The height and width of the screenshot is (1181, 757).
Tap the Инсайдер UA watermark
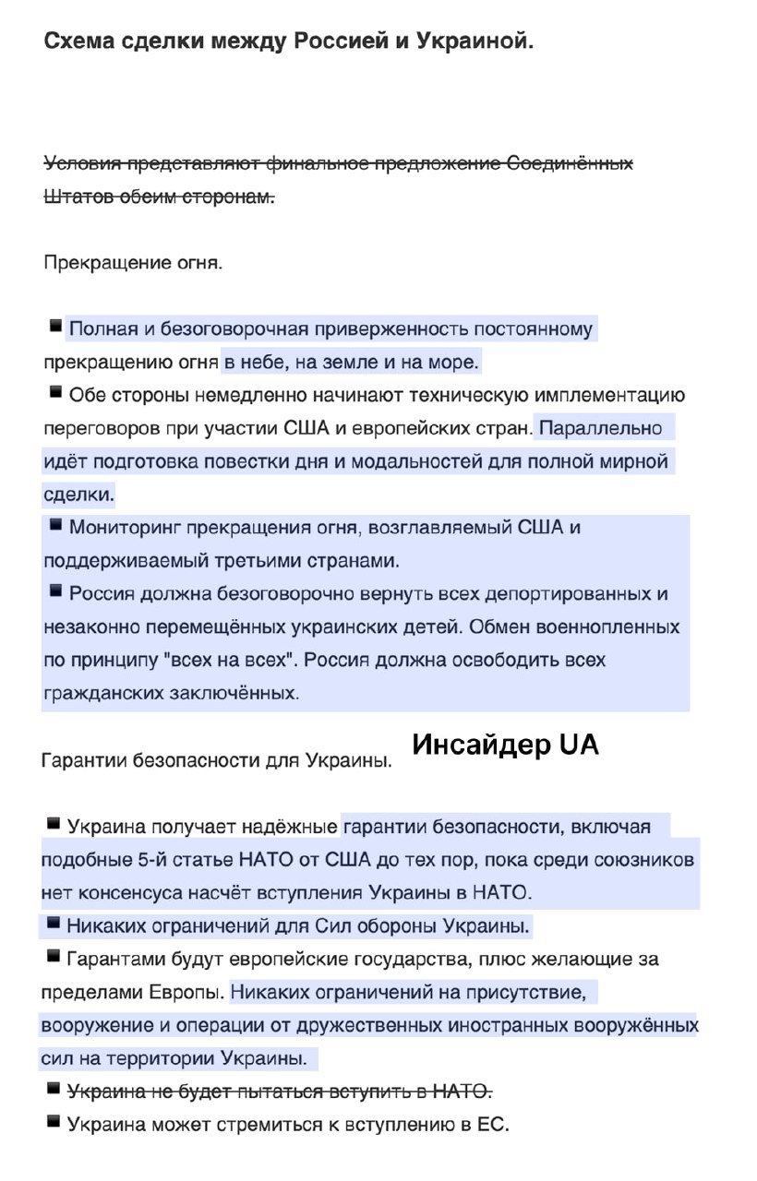(505, 745)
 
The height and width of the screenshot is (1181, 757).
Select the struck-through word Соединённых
(570, 164)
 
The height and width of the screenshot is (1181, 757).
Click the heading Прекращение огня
(133, 263)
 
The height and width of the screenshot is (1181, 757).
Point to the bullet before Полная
(55, 327)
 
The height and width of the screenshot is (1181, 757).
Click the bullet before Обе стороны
(55, 393)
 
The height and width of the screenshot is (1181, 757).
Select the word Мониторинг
(126, 528)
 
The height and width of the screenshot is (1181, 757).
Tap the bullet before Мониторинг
(55, 526)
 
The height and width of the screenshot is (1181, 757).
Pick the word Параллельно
(602, 428)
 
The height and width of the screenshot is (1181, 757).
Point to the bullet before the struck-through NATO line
(55, 1091)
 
